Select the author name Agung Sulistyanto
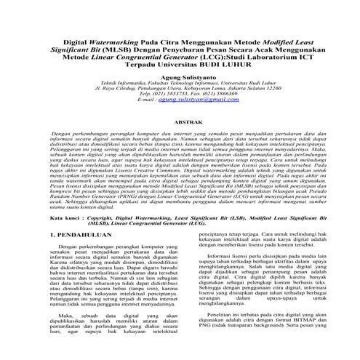click(180, 77)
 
